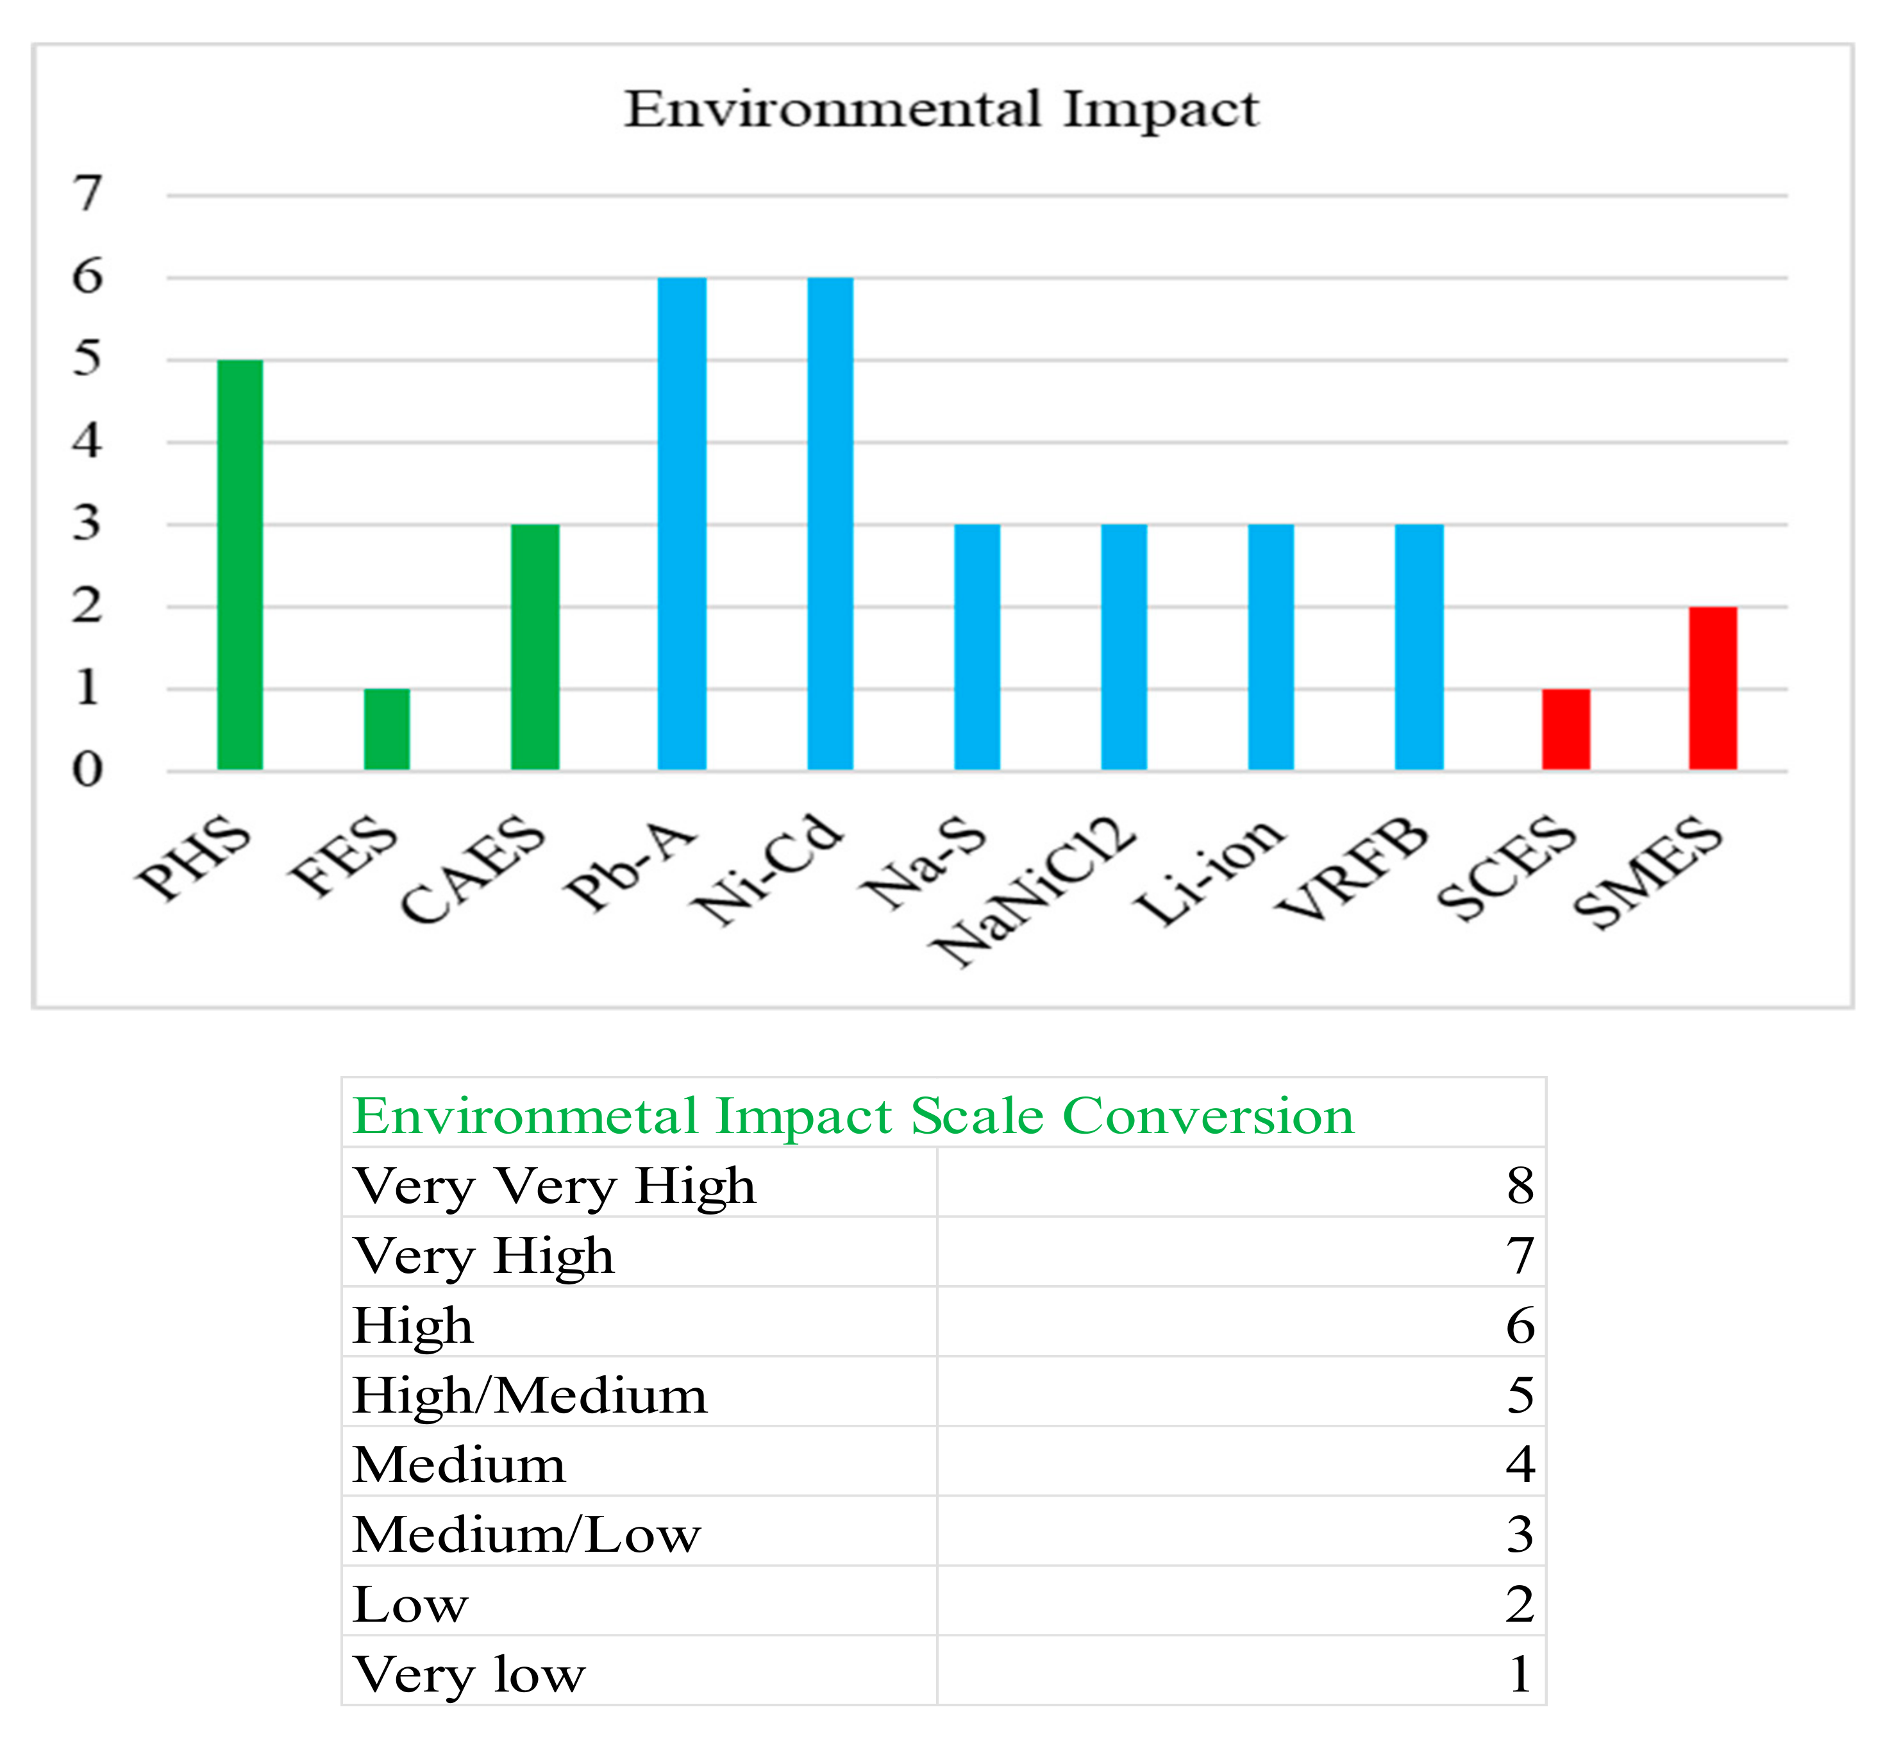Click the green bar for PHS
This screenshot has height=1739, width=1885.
click(240, 565)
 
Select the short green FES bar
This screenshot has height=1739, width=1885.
click(387, 729)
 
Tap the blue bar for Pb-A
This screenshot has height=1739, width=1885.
click(682, 523)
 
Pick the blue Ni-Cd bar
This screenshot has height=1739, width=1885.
click(830, 523)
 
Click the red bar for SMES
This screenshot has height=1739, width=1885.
click(1713, 688)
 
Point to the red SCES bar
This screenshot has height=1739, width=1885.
click(1566, 729)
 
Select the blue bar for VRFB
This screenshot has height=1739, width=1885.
click(1419, 648)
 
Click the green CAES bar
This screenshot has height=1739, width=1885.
click(535, 648)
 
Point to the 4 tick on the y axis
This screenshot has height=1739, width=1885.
click(88, 441)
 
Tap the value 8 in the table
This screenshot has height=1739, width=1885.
click(1519, 1186)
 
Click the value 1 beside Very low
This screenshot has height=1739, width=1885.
click(1519, 1674)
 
